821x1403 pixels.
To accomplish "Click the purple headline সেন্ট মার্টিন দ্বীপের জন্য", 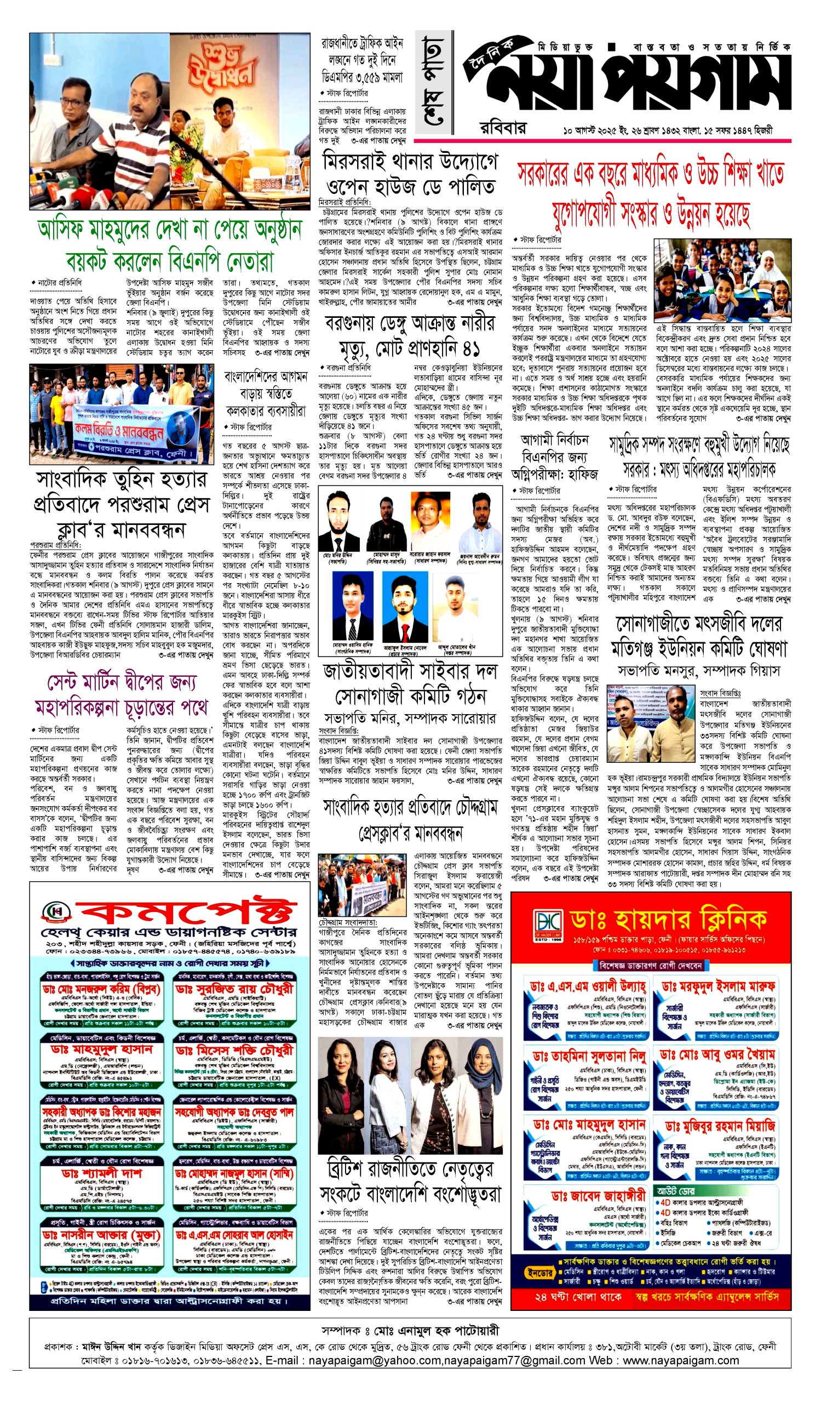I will point(121,682).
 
